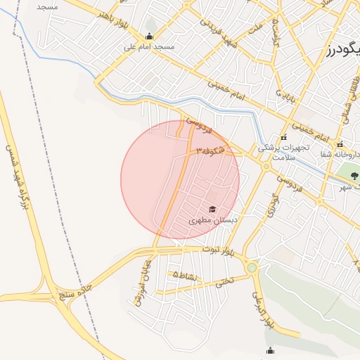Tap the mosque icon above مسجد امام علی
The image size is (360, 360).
coord(148,37)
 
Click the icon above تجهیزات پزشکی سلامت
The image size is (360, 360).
coord(283,137)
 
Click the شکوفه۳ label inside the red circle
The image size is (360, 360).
coord(210,150)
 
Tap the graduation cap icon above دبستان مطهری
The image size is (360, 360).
coord(212,209)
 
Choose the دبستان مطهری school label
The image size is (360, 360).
coord(214,220)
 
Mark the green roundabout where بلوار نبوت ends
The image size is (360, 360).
coord(252,267)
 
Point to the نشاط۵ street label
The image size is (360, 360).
coord(187,275)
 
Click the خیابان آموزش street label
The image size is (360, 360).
coord(141,282)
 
